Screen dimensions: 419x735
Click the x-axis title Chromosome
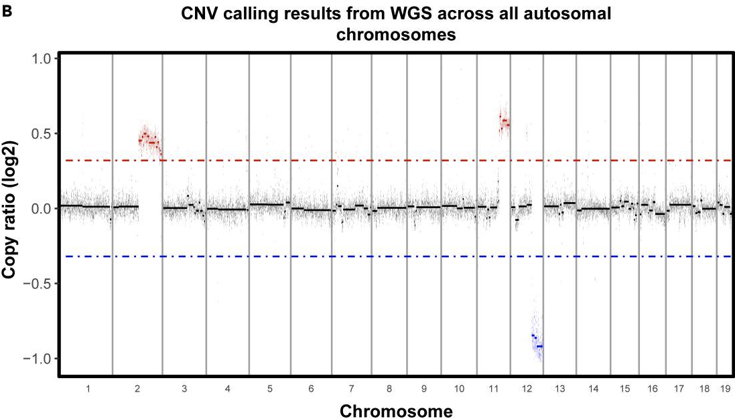pos(395,409)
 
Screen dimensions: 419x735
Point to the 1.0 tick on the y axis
pos(42,59)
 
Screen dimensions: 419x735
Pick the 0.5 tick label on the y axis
pos(42,134)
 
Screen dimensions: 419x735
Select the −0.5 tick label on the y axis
pos(38,284)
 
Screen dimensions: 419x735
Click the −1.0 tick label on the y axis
pos(38,359)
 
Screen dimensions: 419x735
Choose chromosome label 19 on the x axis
pos(724,389)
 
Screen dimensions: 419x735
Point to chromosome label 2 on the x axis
pos(137,389)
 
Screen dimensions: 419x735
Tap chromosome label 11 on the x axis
pos(493,389)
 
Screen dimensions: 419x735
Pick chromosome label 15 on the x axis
pos(624,389)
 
